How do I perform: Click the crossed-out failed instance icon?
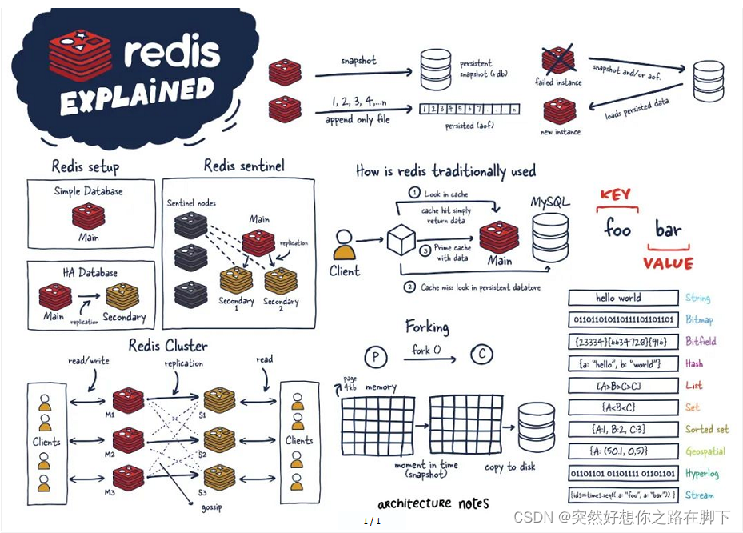[x=558, y=61]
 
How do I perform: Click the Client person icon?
[x=344, y=244]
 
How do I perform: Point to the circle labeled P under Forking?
[x=375, y=355]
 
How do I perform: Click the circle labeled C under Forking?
[x=481, y=355]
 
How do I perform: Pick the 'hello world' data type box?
[x=618, y=298]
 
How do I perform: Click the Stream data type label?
[x=699, y=495]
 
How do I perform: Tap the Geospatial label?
[x=705, y=451]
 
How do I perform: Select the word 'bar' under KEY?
[x=668, y=230]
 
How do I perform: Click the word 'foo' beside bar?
[x=617, y=229]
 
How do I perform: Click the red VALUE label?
[x=668, y=263]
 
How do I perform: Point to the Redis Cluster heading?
[x=168, y=346]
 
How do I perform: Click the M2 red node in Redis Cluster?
[x=128, y=439]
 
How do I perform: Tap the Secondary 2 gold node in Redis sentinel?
[x=281, y=281]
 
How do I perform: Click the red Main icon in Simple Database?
[x=88, y=216]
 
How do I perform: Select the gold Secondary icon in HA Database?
[x=122, y=296]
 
